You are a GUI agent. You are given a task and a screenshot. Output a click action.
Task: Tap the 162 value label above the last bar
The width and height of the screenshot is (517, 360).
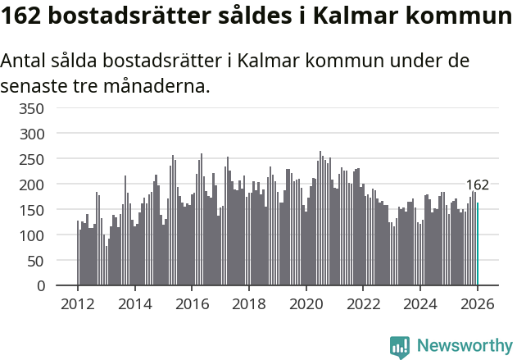click(x=477, y=185)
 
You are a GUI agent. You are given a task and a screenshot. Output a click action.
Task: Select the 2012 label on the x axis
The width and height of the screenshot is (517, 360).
click(x=78, y=303)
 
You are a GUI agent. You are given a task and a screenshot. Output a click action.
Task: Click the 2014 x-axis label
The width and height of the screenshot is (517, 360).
click(x=135, y=303)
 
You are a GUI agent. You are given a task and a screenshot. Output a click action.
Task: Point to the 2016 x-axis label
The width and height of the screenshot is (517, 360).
click(x=192, y=303)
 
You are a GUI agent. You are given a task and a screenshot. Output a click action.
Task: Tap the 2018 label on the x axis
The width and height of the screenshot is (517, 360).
click(x=249, y=303)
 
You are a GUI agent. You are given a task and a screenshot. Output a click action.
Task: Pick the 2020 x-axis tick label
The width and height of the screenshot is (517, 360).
click(x=306, y=303)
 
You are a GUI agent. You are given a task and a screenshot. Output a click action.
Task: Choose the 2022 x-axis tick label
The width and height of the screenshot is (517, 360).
click(x=363, y=303)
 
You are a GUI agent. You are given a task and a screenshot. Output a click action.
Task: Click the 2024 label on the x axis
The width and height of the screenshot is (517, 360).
click(x=420, y=303)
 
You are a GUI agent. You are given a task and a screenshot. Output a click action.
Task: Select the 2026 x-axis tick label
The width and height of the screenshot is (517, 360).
click(x=478, y=303)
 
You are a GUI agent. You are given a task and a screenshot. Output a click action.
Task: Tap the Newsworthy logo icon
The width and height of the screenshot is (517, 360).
click(x=400, y=347)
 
